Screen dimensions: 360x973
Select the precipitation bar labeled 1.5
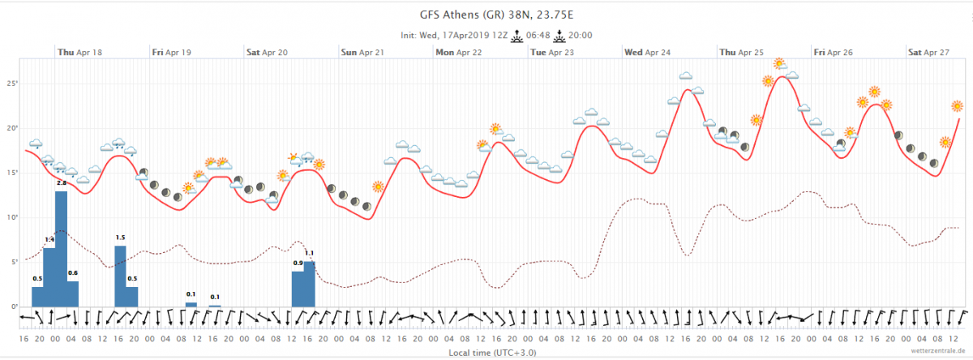(x=120, y=276)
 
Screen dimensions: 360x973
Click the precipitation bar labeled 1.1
(x=309, y=284)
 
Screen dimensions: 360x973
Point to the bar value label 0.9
(x=298, y=264)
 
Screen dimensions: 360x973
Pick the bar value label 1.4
(x=49, y=240)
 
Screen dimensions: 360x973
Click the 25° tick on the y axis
(x=12, y=84)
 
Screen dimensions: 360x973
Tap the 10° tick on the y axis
(x=12, y=217)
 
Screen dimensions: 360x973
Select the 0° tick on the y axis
(x=14, y=306)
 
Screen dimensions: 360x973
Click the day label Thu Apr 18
(x=79, y=53)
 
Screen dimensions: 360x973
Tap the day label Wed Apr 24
(x=647, y=53)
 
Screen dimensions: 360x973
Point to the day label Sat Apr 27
(x=928, y=53)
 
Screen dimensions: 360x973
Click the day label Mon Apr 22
(x=458, y=53)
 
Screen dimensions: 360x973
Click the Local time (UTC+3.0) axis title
(x=492, y=354)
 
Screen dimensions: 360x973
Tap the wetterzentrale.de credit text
(x=936, y=354)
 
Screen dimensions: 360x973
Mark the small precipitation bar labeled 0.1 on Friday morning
(x=191, y=304)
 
